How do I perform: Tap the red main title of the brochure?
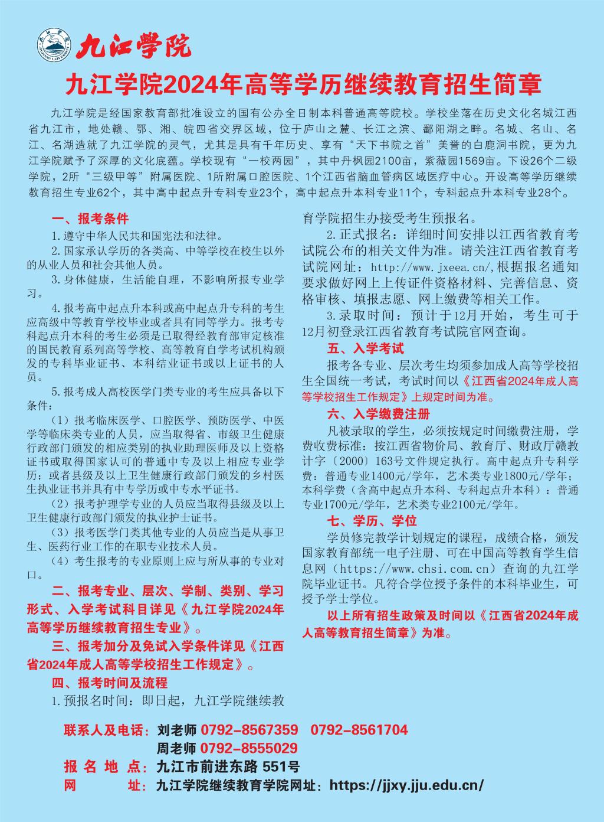(x=302, y=85)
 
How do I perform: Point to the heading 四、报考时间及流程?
(x=110, y=683)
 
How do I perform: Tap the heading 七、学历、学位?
(x=372, y=520)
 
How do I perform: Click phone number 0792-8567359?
(x=249, y=730)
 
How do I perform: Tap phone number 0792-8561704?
(x=359, y=730)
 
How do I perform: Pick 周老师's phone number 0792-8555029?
(x=249, y=748)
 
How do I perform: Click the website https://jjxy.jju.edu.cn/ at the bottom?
(x=407, y=785)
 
